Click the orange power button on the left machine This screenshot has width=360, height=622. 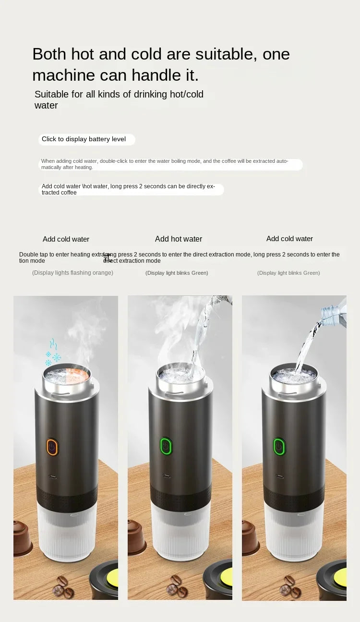52,447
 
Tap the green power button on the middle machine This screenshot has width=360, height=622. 166,446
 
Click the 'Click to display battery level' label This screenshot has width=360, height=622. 84,139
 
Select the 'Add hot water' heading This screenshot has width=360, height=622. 179,239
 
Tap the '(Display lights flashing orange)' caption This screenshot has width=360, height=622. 72,273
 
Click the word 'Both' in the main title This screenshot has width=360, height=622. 49,54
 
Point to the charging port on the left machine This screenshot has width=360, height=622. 52,477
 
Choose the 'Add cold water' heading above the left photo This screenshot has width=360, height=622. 66,239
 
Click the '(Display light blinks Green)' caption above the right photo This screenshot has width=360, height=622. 288,273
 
